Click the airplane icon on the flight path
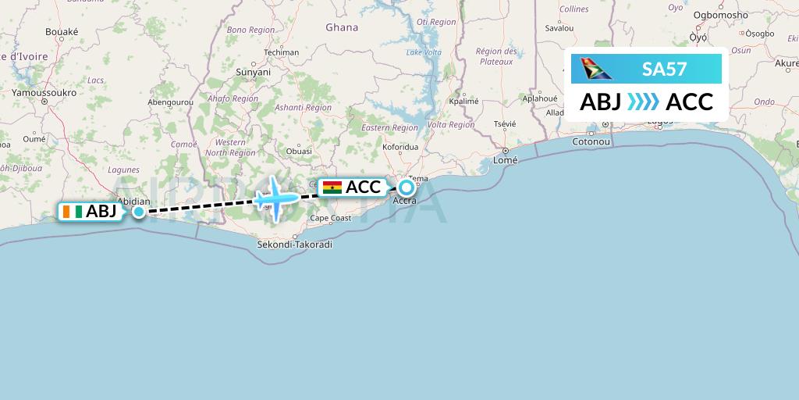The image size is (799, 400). tap(275, 198)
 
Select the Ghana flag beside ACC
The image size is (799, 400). tap(332, 187)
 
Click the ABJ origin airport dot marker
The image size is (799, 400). tap(138, 211)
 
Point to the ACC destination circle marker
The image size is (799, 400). tap(407, 187)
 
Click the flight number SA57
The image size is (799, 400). tap(664, 70)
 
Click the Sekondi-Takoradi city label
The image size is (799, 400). tap(295, 245)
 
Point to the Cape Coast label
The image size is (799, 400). tap(331, 219)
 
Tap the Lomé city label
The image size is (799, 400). tap(506, 160)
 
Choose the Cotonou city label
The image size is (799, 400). tap(590, 141)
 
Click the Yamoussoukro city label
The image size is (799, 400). tap(42, 92)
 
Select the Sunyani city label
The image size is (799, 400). tap(254, 71)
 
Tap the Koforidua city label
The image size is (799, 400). tap(401, 146)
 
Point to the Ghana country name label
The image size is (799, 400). tap(342, 27)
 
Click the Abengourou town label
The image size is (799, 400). tap(170, 102)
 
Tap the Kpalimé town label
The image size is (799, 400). tap(463, 102)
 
